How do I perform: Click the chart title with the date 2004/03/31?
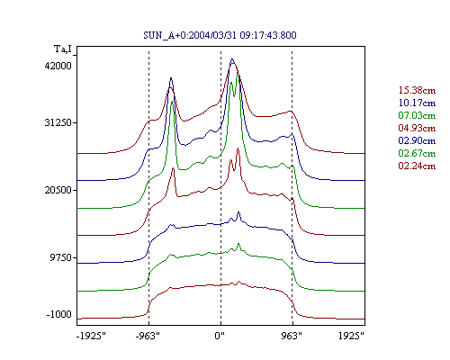(220, 35)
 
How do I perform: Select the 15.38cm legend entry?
(417, 90)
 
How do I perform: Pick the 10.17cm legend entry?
(417, 103)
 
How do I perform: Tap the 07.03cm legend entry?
(417, 115)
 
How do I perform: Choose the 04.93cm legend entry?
(417, 128)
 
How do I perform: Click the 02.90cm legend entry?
(417, 140)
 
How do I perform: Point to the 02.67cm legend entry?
(417, 153)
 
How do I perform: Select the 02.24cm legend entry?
(417, 166)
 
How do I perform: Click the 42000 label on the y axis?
(58, 66)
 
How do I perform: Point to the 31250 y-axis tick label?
(58, 122)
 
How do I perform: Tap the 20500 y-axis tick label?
(58, 190)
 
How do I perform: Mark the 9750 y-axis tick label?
(61, 257)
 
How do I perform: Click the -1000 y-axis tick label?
(59, 314)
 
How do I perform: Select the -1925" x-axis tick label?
(91, 336)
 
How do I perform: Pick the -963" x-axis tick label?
(148, 336)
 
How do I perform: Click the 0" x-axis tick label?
(220, 336)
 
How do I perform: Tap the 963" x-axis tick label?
(292, 336)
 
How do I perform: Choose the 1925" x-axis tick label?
(351, 336)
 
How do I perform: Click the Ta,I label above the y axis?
(63, 49)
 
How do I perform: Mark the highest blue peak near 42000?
(232, 59)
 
